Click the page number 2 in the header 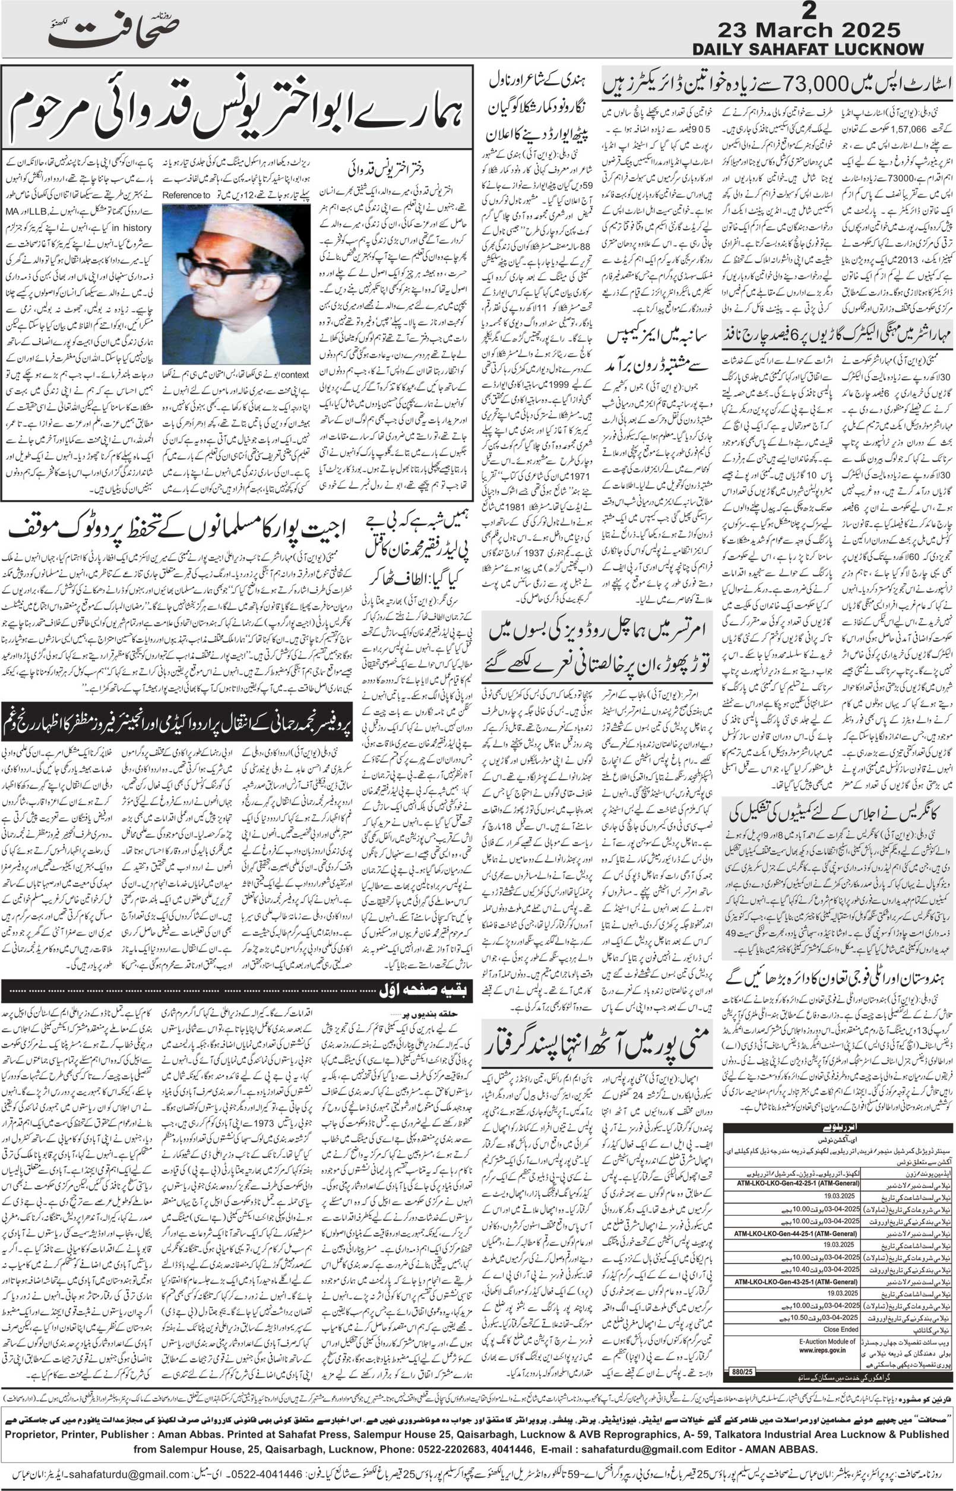[x=808, y=11]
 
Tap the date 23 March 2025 [x=808, y=30]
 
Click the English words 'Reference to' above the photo [x=186, y=195]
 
